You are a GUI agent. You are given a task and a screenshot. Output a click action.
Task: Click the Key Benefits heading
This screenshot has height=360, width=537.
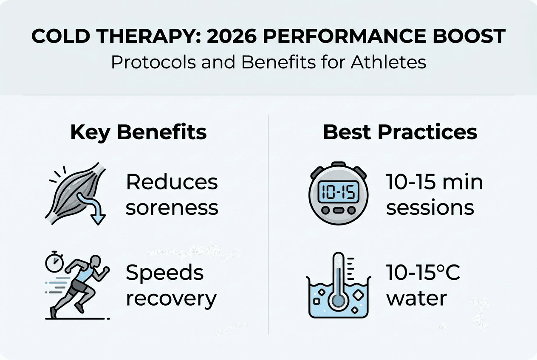click(x=138, y=132)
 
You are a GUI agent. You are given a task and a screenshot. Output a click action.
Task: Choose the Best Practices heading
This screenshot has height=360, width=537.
click(x=400, y=132)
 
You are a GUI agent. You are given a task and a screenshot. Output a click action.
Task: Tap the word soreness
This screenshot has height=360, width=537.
click(x=172, y=208)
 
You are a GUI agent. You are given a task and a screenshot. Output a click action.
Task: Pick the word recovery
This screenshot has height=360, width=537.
click(x=171, y=298)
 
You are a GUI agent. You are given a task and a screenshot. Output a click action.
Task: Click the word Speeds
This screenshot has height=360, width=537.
click(x=165, y=273)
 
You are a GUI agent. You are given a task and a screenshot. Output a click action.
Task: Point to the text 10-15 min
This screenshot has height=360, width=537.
click(x=435, y=183)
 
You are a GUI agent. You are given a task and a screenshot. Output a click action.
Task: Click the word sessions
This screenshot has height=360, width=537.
click(x=430, y=208)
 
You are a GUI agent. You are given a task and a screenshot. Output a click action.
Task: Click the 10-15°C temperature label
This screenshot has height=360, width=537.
click(x=423, y=273)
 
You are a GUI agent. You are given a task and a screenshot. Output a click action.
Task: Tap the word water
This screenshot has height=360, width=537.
click(x=416, y=298)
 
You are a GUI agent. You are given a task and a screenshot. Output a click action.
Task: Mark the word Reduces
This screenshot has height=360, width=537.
click(x=172, y=183)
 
